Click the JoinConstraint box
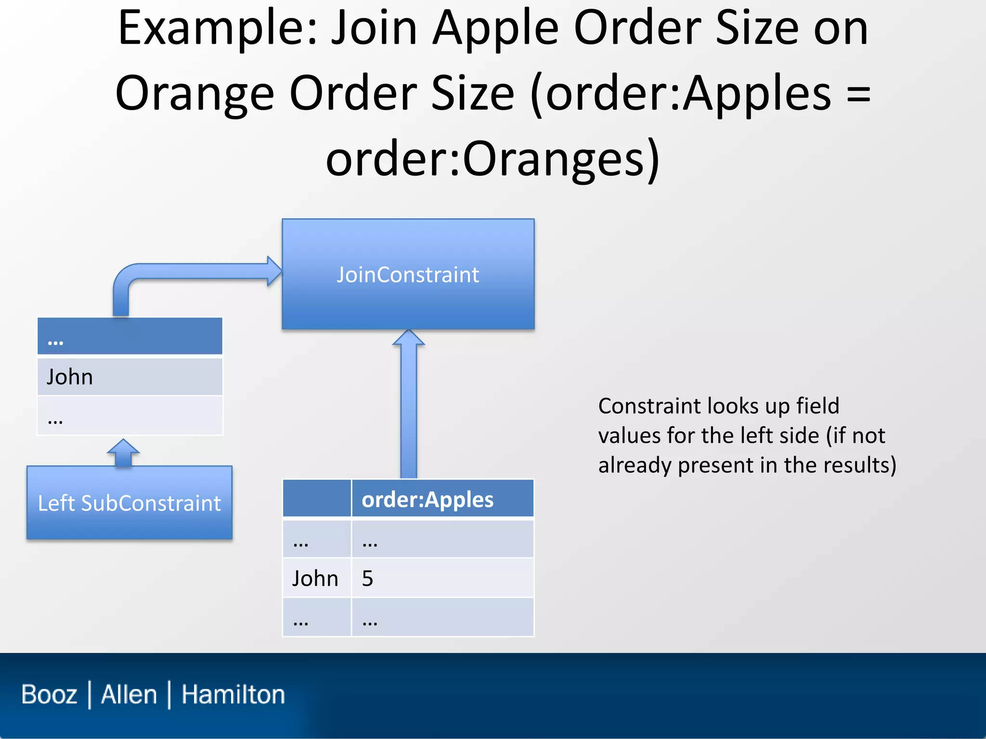pos(408,274)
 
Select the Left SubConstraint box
pos(129,503)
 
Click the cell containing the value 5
pos(442,578)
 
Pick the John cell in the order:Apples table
pos(316,578)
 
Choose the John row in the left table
pos(130,376)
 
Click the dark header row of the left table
pos(130,336)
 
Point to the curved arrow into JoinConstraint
pos(193,271)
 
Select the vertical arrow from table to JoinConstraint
pos(408,409)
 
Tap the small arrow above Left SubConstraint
pos(123,452)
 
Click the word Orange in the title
pos(195,93)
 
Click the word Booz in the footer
pos(49,694)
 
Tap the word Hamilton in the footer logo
pos(233,694)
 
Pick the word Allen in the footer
pos(129,694)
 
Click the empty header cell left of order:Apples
pos(316,499)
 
